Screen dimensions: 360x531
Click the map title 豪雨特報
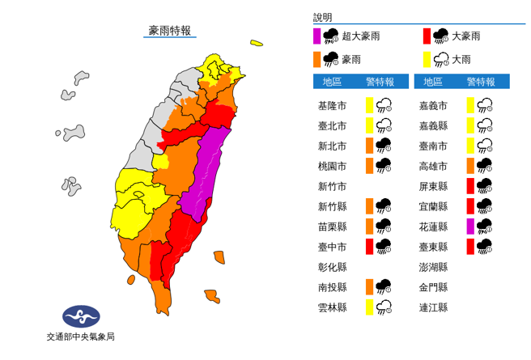tap(170, 31)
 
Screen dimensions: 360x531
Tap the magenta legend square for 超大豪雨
tap(318, 36)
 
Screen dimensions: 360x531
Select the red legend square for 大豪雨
tap(427, 36)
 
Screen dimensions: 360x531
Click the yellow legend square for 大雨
tap(427, 58)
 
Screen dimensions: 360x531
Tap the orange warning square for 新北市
tap(368, 146)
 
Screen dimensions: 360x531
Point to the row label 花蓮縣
tap(432, 226)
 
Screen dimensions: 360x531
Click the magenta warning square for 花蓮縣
tap(470, 226)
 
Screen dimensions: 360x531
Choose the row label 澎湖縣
tap(432, 266)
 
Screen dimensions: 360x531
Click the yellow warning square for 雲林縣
tap(368, 307)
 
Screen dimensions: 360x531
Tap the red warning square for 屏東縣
tap(470, 185)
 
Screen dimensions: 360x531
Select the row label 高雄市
tap(432, 165)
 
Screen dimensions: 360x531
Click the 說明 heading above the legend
tap(322, 17)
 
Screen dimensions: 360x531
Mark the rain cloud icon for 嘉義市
tap(486, 104)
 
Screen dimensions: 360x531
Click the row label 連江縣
tap(432, 307)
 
